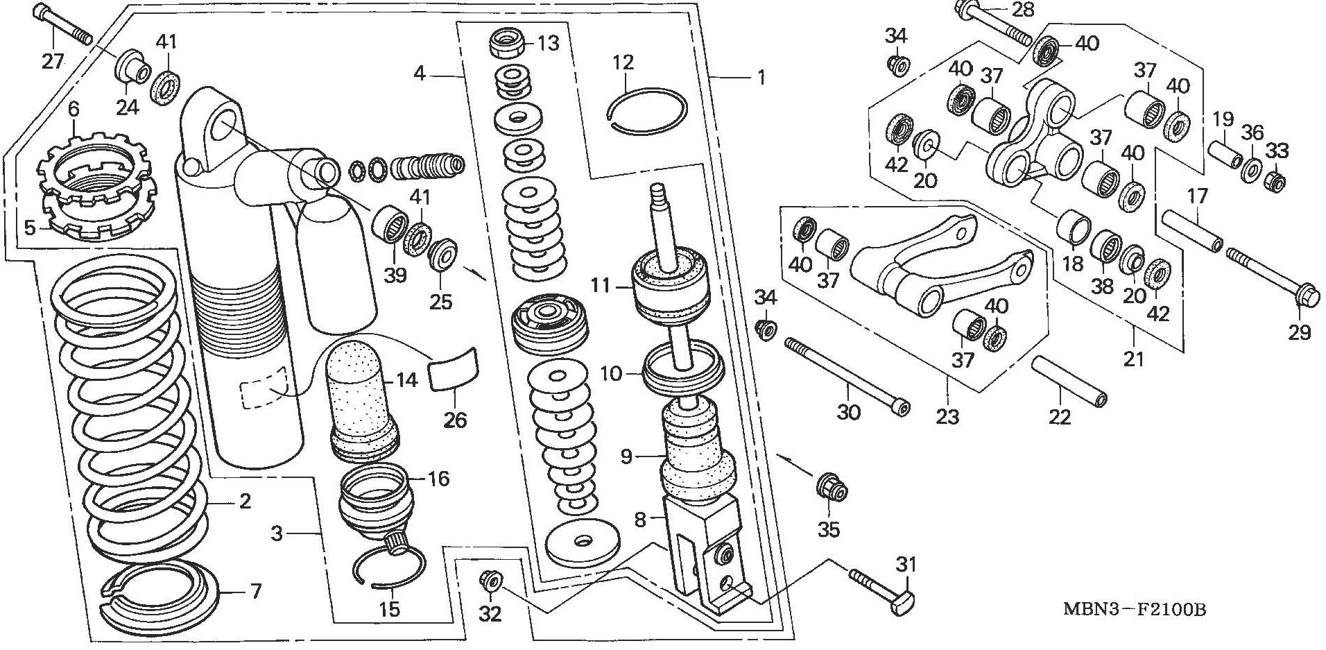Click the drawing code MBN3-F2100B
(x=1135, y=610)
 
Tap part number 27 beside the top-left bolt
(x=53, y=61)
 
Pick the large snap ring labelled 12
(x=648, y=109)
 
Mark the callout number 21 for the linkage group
(x=1133, y=359)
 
